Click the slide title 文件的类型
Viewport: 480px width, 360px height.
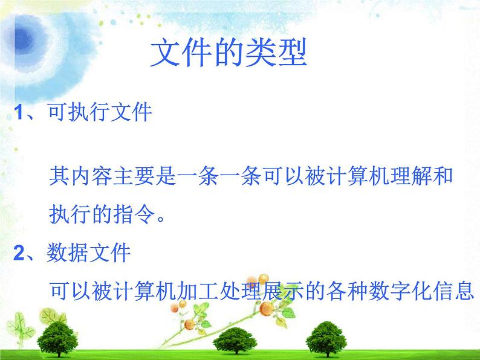[229, 53]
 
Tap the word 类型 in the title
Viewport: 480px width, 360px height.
[276, 53]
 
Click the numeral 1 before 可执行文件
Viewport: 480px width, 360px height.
[19, 112]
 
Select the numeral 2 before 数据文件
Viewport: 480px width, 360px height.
[19, 253]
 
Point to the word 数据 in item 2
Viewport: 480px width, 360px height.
[68, 252]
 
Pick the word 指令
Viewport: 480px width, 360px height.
[134, 214]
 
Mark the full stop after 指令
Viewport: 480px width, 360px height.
[161, 218]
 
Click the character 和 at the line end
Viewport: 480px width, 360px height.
[442, 176]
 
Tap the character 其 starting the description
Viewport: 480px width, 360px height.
[59, 176]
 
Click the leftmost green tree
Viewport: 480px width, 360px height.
[57, 339]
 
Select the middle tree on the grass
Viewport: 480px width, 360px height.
[235, 341]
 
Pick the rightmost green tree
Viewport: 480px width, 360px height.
[326, 339]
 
